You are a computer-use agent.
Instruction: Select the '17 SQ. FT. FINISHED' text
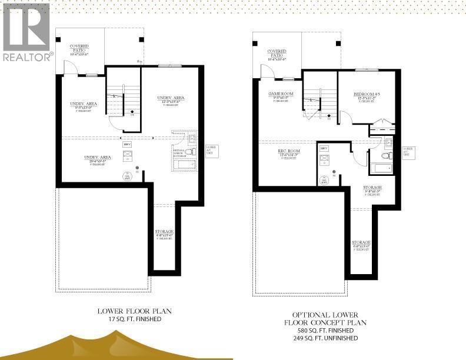(x=130, y=319)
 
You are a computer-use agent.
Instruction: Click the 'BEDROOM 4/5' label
(x=367, y=95)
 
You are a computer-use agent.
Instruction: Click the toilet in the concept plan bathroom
(x=386, y=156)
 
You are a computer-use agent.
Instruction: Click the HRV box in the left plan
(x=126, y=144)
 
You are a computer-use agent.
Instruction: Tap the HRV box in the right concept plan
(x=323, y=147)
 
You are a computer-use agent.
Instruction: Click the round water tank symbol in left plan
(x=126, y=175)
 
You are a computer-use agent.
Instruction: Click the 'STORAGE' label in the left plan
(x=164, y=232)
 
